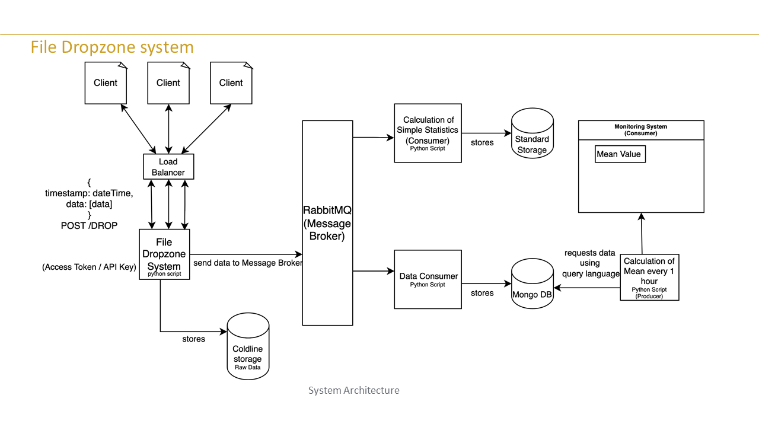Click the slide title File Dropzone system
point(112,47)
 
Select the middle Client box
point(168,83)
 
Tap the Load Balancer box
point(168,167)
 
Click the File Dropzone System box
point(164,254)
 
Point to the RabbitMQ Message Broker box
point(327,222)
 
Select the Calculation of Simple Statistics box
point(428,133)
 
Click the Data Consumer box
point(428,279)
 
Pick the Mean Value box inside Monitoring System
point(620,154)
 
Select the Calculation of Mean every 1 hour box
point(649,277)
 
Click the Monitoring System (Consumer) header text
point(640,130)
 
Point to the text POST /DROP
point(89,226)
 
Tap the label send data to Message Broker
point(248,263)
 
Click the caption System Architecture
point(353,390)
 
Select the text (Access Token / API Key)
point(89,267)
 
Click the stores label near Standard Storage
point(482,142)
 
